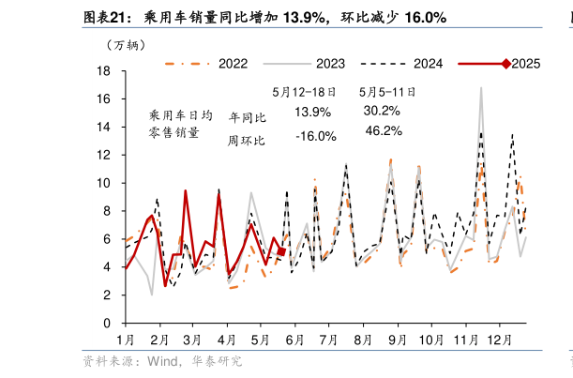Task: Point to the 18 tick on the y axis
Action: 105,71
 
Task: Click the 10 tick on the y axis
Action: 105,183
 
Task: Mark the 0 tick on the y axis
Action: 109,323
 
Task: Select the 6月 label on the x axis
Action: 294,339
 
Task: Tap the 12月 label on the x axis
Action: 499,339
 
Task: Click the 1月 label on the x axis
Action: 125,339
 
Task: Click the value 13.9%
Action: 312,113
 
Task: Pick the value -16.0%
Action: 315,137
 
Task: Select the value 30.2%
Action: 383,111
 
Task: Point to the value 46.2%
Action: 383,130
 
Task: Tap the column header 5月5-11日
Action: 387,92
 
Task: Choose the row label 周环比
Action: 247,141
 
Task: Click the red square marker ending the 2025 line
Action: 281,251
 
